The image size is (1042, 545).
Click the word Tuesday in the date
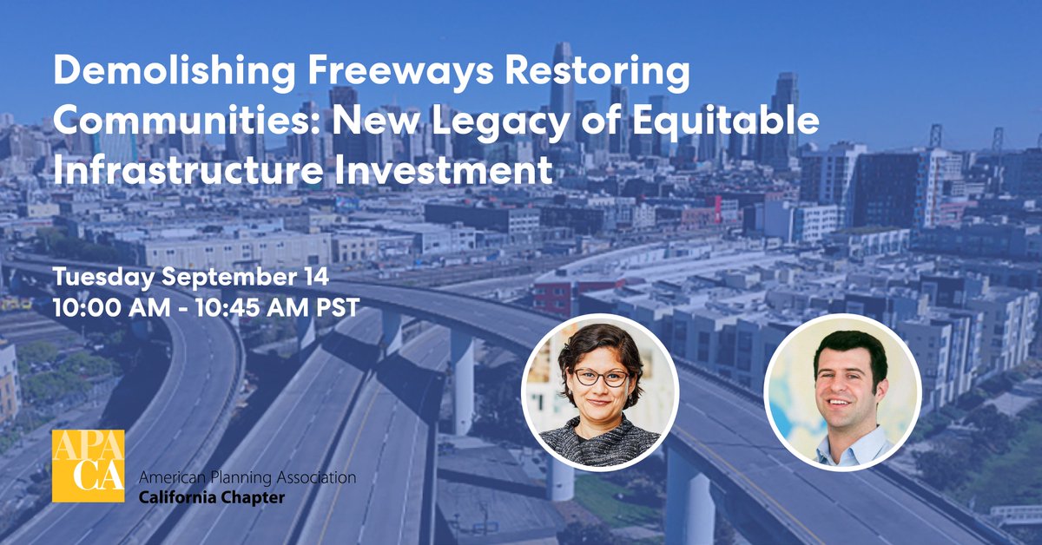coord(104,279)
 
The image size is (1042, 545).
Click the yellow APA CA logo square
coord(88,466)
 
